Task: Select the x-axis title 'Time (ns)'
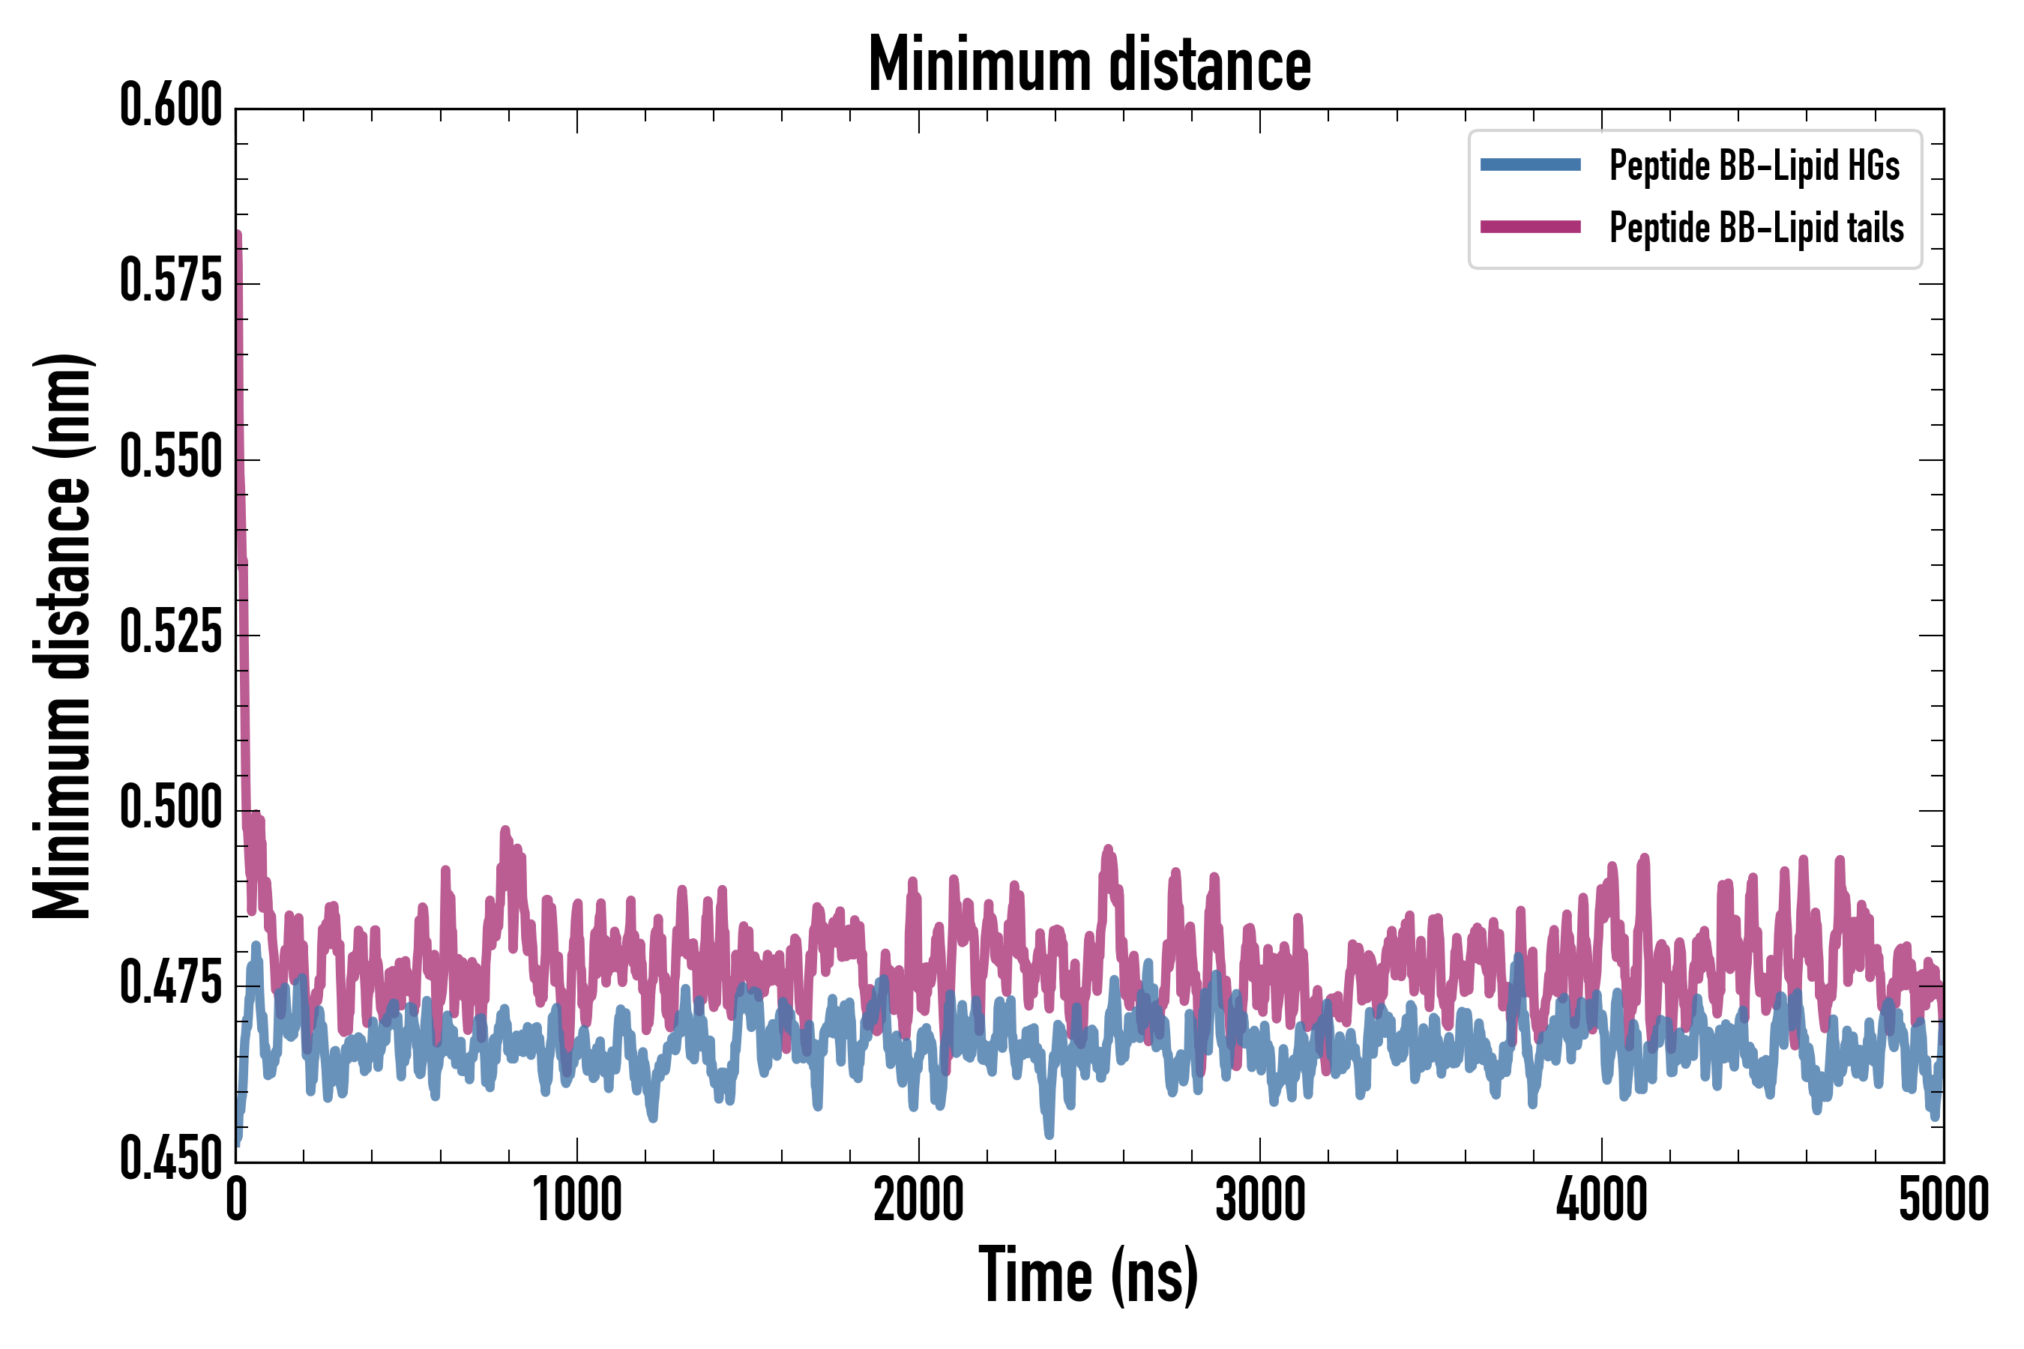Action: point(1088,1275)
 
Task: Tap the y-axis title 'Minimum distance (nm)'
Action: point(62,636)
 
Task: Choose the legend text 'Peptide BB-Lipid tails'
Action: point(1756,228)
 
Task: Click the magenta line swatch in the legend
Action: point(1530,227)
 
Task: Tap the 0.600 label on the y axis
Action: point(171,106)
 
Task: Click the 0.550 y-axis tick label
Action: point(171,457)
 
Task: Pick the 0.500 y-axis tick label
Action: point(171,808)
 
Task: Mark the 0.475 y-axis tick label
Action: point(171,983)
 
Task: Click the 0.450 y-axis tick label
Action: point(171,1159)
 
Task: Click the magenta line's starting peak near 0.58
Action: point(238,238)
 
